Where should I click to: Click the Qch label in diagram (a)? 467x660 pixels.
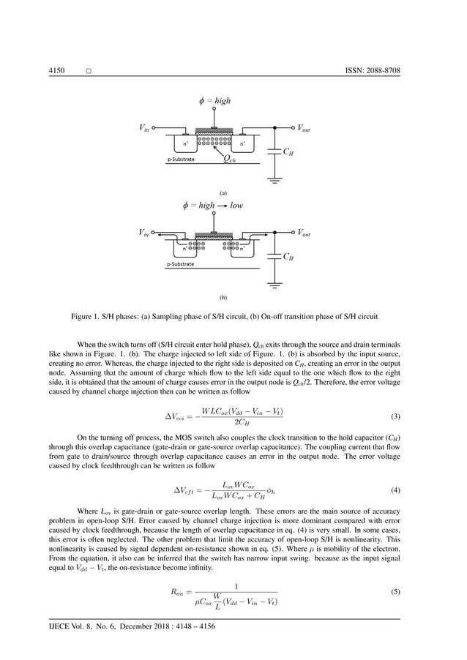point(228,160)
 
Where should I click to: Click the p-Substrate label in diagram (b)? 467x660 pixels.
point(180,264)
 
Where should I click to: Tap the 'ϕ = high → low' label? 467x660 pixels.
point(213,206)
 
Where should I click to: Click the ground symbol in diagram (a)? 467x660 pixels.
point(275,179)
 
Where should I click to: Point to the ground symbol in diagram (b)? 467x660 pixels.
point(275,285)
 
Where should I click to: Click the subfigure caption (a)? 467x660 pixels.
point(223,193)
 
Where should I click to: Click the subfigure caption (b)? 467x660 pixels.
point(223,299)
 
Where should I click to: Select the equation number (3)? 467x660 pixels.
point(395,417)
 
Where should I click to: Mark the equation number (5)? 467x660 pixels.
point(395,590)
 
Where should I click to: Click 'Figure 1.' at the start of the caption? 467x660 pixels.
point(89,319)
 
